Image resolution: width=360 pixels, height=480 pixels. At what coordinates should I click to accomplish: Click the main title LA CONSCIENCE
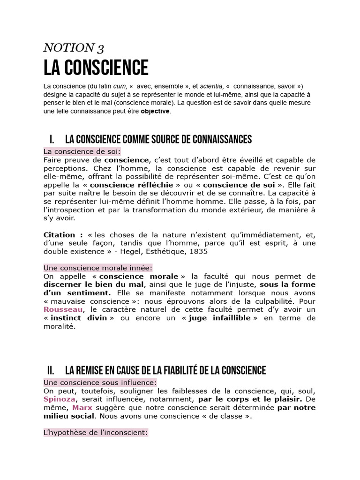coord(96,68)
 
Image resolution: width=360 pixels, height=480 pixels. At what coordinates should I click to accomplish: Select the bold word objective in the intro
coord(156,112)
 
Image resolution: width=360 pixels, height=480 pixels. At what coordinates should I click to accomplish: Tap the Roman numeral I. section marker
coord(52,139)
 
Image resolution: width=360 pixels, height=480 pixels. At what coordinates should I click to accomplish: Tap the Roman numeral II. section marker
coord(52,371)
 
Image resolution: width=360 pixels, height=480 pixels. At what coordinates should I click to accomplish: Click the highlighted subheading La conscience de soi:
coord(82,151)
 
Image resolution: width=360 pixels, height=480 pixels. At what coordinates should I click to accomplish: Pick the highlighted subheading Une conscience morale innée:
coord(98,268)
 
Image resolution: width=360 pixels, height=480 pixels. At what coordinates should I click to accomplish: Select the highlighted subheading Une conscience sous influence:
coord(100,382)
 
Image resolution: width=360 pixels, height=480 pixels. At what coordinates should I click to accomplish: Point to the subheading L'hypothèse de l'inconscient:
coord(96,433)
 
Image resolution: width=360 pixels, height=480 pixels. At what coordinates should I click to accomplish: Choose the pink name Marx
coord(82,408)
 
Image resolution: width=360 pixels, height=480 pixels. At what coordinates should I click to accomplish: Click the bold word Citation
coord(59,234)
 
